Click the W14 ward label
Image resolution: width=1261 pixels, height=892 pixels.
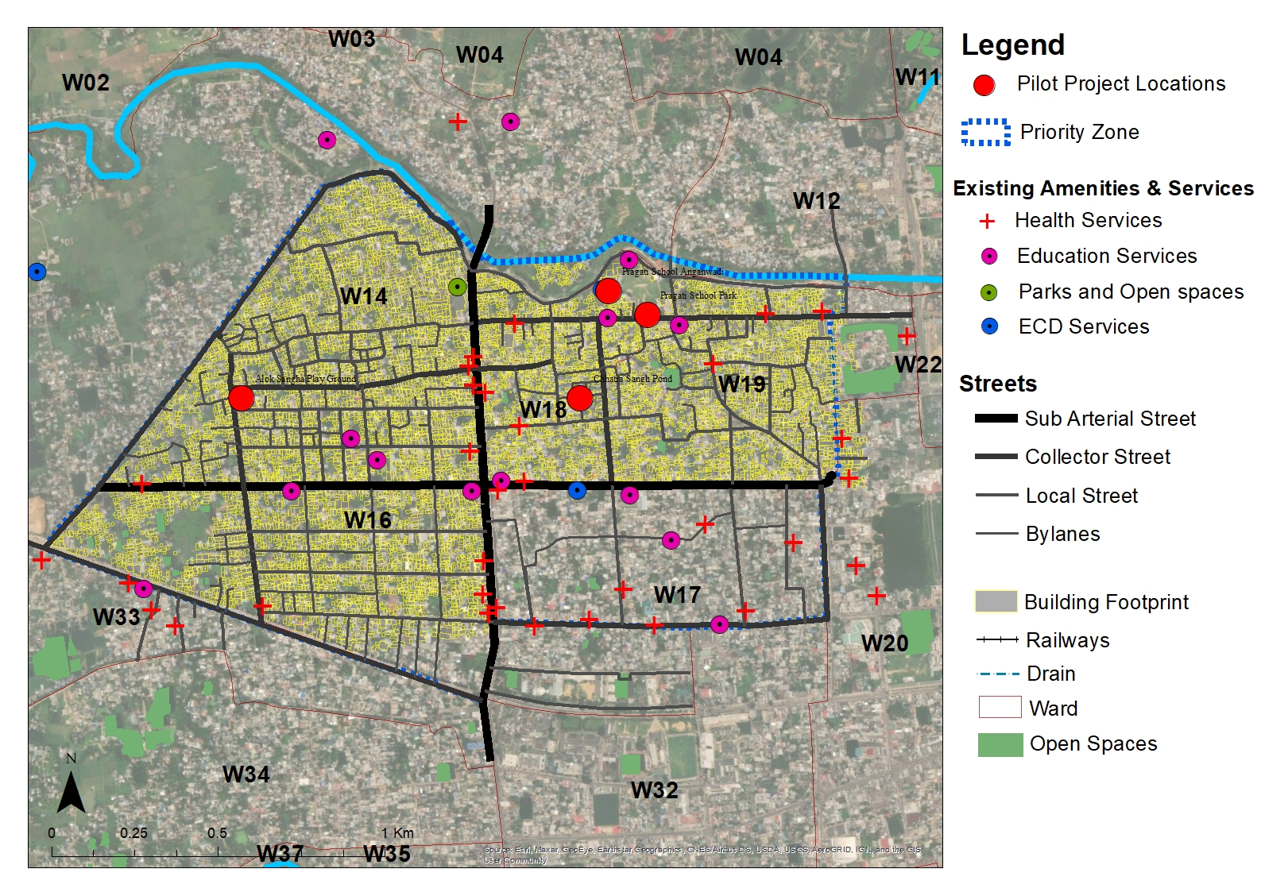point(364,296)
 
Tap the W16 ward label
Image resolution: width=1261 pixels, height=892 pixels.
point(368,520)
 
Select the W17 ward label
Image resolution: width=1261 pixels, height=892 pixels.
point(677,595)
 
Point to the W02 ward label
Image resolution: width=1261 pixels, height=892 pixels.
point(86,83)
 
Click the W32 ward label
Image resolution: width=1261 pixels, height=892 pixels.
point(655,790)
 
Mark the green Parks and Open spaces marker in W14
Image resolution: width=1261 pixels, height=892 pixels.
point(457,286)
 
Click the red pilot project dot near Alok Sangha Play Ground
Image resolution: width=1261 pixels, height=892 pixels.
point(242,398)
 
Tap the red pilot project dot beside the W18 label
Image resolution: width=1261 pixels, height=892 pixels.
point(580,398)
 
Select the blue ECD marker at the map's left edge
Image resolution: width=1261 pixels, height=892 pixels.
point(37,272)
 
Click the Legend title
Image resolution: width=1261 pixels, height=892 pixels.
point(1012,45)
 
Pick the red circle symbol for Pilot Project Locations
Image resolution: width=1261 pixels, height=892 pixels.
point(984,85)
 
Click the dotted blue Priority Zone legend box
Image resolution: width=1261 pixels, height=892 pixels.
point(985,133)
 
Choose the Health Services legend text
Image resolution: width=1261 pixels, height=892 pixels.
point(1088,221)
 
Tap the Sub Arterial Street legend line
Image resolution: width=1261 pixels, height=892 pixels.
point(996,418)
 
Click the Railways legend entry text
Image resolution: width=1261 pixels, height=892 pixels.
point(1067,640)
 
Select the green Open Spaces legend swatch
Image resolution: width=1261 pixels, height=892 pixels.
point(1000,744)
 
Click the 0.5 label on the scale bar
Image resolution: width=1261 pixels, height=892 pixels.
point(217,833)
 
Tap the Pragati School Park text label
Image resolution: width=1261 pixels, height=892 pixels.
point(698,295)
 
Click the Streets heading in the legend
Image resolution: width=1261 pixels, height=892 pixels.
point(998,384)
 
